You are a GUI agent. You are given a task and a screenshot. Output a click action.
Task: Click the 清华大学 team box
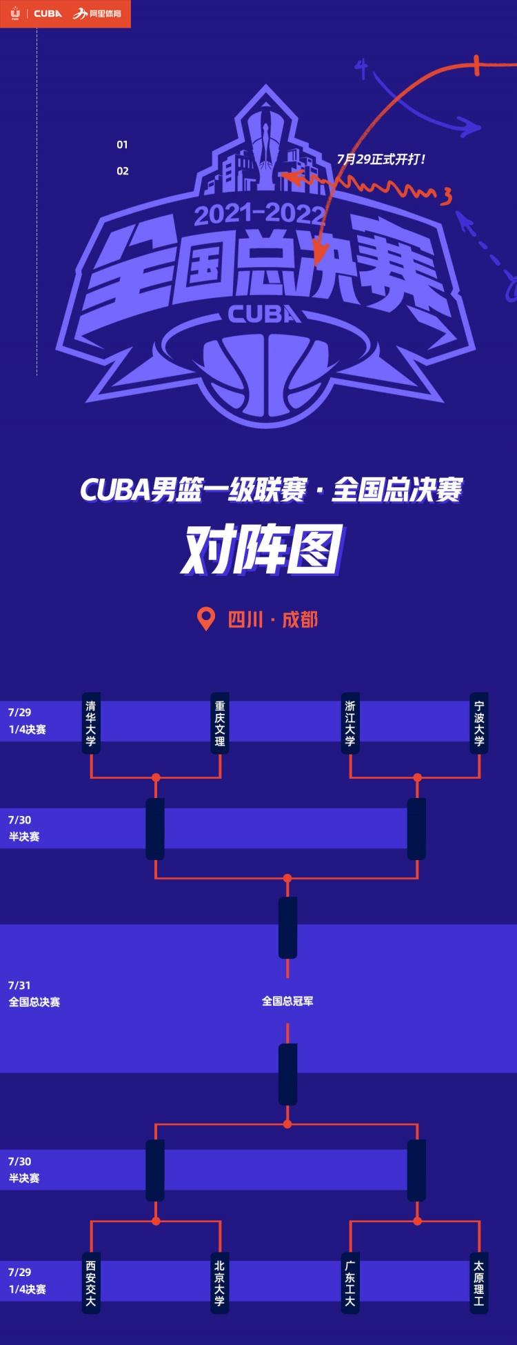tap(91, 723)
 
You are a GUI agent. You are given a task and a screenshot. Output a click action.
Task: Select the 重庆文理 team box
tap(220, 723)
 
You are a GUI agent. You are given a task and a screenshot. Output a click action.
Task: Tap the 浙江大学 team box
tap(350, 723)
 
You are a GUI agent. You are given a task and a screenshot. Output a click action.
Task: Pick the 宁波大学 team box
tap(479, 723)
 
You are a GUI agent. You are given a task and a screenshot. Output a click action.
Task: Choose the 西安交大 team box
tap(91, 1283)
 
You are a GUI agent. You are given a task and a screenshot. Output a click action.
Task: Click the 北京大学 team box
tap(220, 1283)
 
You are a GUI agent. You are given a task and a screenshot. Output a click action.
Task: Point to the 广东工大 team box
tap(350, 1283)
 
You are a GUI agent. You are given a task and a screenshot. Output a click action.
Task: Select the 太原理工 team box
tap(479, 1283)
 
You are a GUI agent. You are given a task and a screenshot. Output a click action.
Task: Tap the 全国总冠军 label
tap(287, 1001)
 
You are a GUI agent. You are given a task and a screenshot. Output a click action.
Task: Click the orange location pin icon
tap(206, 619)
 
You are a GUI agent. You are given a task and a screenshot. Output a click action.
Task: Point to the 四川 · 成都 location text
tap(273, 619)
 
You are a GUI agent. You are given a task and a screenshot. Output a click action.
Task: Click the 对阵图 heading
tap(261, 551)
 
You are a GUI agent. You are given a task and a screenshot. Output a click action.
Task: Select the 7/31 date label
tap(19, 985)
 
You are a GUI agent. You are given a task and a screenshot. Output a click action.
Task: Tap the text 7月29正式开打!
tap(381, 159)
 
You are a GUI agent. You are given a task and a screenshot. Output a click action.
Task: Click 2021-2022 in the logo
tap(258, 215)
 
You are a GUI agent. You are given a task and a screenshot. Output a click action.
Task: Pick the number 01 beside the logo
tap(122, 145)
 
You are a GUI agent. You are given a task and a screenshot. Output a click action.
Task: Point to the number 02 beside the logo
tap(123, 171)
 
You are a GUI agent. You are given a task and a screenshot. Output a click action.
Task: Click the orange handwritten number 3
tap(447, 197)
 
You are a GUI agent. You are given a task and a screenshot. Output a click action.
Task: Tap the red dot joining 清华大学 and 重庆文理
tap(156, 777)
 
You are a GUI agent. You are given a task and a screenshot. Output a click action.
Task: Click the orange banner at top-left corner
tap(65, 14)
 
